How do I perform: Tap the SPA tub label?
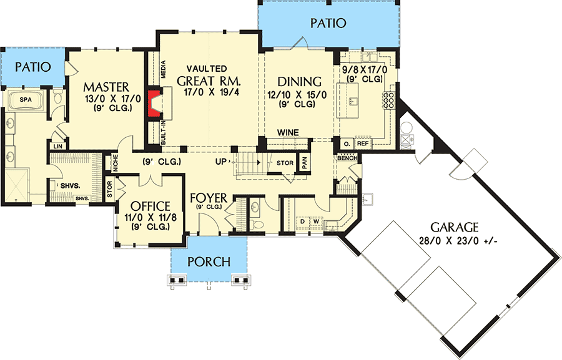pyautogui.click(x=25, y=100)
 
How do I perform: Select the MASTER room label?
pyautogui.click(x=107, y=86)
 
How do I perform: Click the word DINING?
pyautogui.click(x=299, y=82)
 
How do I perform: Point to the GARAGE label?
pyautogui.click(x=453, y=227)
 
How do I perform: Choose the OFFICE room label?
pyautogui.click(x=149, y=207)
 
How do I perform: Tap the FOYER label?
pyautogui.click(x=209, y=198)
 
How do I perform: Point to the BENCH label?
pyautogui.click(x=347, y=158)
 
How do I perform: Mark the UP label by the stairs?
pyautogui.click(x=221, y=162)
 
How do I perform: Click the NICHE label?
pyautogui.click(x=116, y=162)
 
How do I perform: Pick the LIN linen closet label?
pyautogui.click(x=57, y=145)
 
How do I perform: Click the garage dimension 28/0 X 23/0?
pyautogui.click(x=454, y=240)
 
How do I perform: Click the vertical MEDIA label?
pyautogui.click(x=164, y=69)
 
